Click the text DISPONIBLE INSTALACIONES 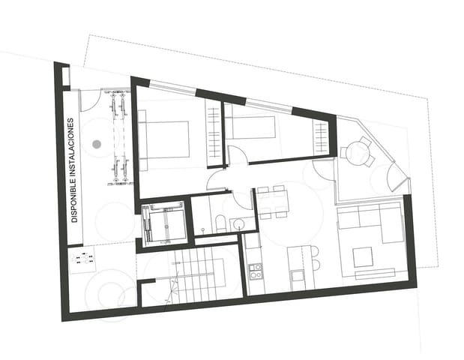[x=74, y=170]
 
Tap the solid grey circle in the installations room [x=96, y=143]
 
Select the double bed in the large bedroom [x=163, y=139]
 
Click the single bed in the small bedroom [x=251, y=126]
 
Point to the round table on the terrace [x=356, y=152]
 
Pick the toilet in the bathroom [x=220, y=223]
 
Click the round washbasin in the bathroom [x=238, y=223]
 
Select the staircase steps [x=196, y=273]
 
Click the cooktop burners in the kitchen [x=255, y=271]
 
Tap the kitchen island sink [x=298, y=275]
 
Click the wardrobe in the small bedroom [x=321, y=137]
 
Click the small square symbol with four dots [x=82, y=259]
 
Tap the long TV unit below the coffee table [x=379, y=274]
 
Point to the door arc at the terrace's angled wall [x=394, y=177]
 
